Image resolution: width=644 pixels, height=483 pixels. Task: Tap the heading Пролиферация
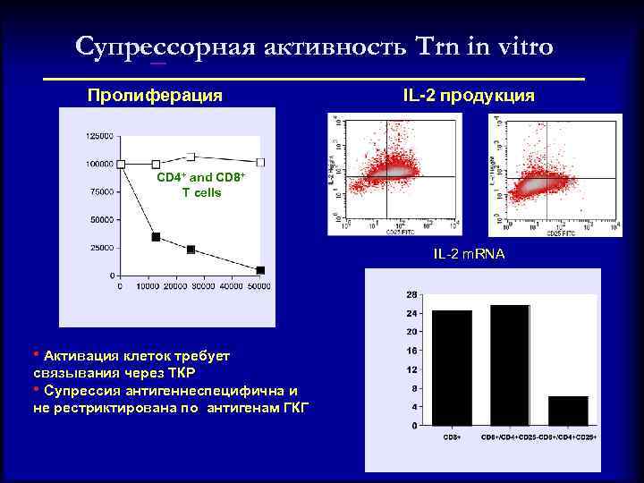click(155, 95)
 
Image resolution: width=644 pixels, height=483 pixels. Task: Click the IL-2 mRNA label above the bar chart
click(469, 255)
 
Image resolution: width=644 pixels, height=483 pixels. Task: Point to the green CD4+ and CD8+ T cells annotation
click(200, 185)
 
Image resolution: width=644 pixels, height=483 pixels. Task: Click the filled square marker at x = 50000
click(260, 270)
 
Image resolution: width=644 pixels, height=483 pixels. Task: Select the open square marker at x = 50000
click(260, 162)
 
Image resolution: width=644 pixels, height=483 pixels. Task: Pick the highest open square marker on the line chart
click(191, 157)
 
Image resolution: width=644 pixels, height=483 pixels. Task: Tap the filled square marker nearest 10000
click(156, 237)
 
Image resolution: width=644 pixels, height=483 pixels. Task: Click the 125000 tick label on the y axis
click(99, 136)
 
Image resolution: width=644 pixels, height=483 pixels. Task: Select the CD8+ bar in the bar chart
click(452, 368)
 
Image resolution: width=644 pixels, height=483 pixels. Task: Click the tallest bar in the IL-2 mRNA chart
click(510, 365)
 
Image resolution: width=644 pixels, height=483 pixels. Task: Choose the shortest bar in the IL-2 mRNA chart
click(568, 411)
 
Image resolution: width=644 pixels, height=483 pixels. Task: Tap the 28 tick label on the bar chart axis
click(411, 294)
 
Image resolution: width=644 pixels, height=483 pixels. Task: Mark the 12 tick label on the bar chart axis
click(411, 369)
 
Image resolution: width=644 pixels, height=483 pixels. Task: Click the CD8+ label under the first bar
click(452, 436)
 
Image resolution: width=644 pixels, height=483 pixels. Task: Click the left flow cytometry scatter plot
click(386, 175)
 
